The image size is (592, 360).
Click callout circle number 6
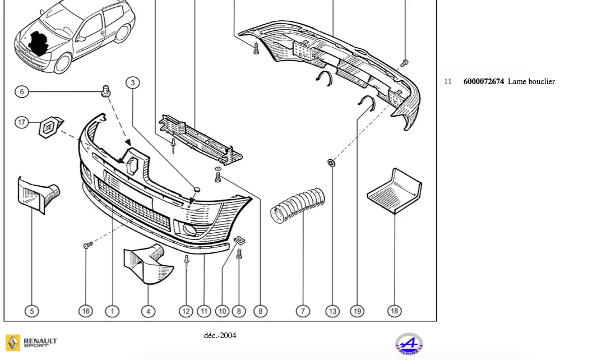pos(22,92)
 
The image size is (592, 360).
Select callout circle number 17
pos(22,122)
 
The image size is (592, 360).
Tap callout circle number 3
pos(132,83)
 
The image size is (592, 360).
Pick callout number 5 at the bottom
pos(32,311)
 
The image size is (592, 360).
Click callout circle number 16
pos(86,311)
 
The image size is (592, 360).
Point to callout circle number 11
pos(204,311)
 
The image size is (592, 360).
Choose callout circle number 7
pos(303,311)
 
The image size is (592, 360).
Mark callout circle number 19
pos(357,311)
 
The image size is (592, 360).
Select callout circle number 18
pos(395,311)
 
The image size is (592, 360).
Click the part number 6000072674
pos(484,82)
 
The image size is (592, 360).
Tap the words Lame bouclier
pos(531,82)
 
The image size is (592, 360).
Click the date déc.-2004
pos(220,335)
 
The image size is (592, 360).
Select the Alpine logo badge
pos(409,344)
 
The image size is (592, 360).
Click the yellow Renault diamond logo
pos(13,343)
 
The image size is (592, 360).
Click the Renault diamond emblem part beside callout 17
pos(50,127)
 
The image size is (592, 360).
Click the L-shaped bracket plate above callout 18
pos(395,191)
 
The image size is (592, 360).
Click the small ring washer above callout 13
pos(331,163)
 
